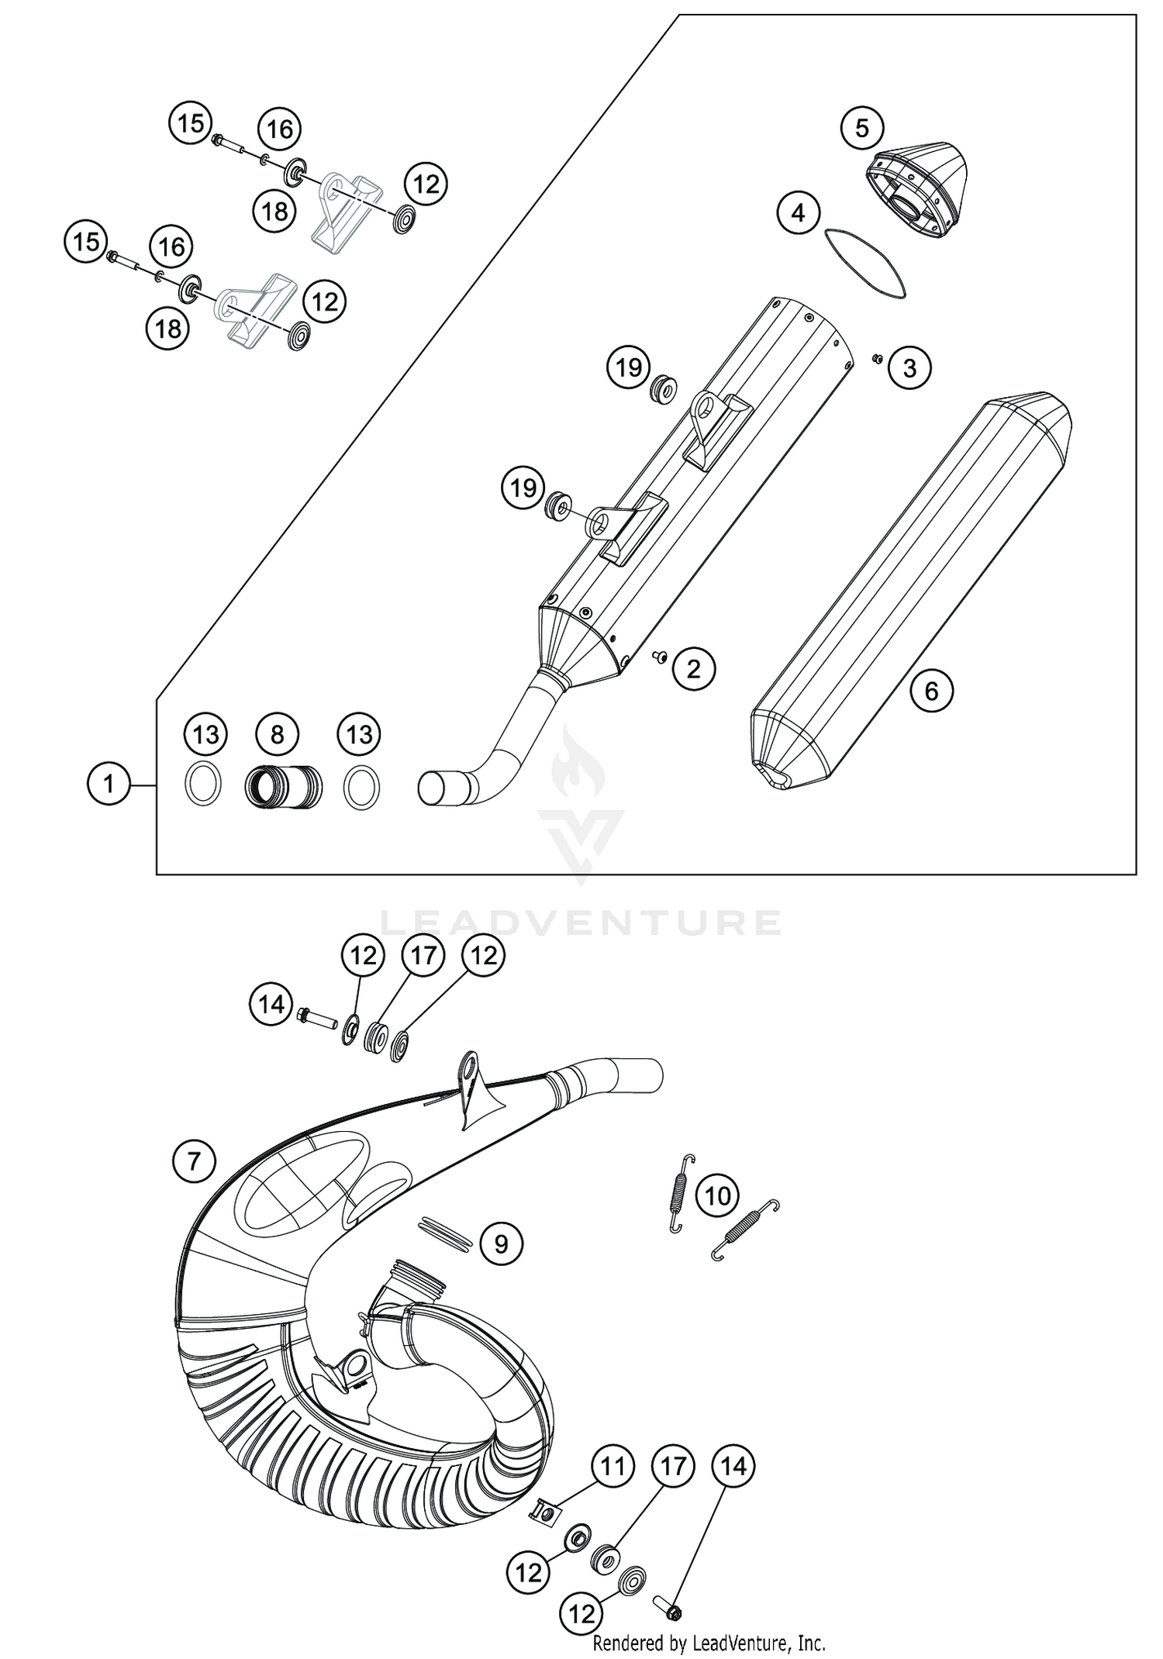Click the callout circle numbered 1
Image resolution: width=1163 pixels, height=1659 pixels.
click(109, 784)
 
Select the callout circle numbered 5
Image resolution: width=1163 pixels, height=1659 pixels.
click(862, 128)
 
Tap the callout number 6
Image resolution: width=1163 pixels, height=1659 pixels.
click(931, 691)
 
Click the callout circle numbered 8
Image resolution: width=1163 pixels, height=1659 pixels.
click(277, 734)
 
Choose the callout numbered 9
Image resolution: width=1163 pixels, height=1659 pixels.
click(501, 1243)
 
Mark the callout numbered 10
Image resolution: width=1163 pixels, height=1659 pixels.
click(718, 1196)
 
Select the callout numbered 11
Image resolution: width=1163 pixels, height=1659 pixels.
click(613, 1466)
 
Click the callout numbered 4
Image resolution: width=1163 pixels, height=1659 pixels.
click(799, 212)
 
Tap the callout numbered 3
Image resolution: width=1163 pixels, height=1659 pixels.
click(909, 368)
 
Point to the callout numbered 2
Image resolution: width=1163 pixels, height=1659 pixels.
click(693, 668)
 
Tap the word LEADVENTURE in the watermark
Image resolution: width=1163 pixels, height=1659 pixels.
click(581, 923)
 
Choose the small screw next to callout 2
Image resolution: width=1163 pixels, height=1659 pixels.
click(660, 658)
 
